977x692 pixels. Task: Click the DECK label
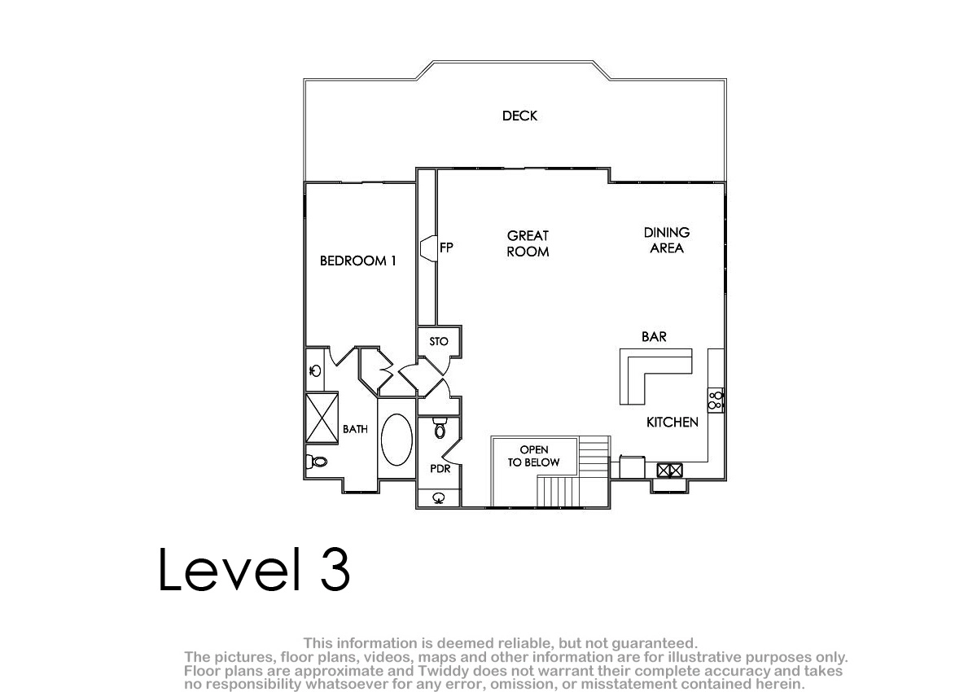coord(519,116)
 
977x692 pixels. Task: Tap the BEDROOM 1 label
coord(357,261)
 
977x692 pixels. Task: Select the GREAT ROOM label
coord(528,243)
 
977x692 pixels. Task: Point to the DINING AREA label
coord(667,240)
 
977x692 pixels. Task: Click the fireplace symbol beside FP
coord(429,248)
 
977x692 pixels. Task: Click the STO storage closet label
coord(438,341)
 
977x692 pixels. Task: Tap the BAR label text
coord(654,336)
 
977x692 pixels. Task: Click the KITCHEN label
coord(673,422)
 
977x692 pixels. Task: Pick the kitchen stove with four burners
coord(716,401)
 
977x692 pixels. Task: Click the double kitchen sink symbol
coord(669,471)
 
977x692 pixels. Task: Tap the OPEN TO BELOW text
coord(534,456)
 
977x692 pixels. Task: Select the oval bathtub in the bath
coord(396,440)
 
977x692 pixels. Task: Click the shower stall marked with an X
coord(322,418)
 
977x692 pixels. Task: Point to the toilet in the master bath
coord(317,461)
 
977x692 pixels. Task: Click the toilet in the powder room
coord(440,428)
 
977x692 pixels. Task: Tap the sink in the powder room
coord(439,497)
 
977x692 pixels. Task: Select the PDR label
coord(440,469)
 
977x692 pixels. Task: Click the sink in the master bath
coord(315,370)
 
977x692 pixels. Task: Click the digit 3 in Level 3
coord(335,569)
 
